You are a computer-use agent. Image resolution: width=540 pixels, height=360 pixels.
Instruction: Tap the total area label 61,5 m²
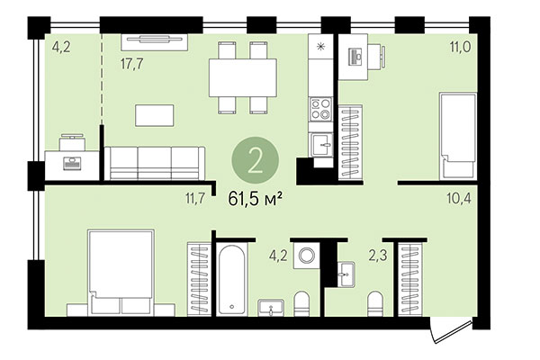[x=256, y=199]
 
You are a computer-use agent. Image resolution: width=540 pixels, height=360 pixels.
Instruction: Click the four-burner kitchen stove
[x=321, y=110]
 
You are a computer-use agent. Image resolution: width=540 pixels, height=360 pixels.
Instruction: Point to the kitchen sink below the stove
[x=321, y=143]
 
